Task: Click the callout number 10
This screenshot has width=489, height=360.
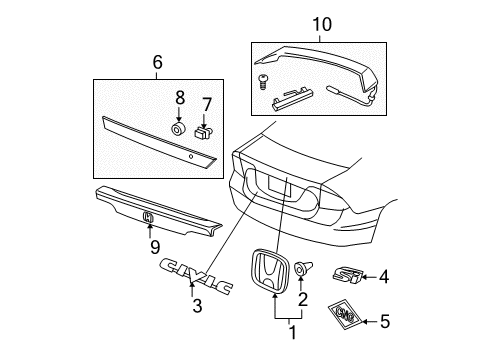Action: (322, 25)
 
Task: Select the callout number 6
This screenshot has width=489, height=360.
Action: (157, 62)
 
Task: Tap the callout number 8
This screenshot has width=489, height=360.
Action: (180, 98)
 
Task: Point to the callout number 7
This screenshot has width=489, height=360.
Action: (207, 105)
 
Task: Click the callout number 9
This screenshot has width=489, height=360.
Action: (155, 247)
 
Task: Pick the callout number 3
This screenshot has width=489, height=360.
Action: (197, 306)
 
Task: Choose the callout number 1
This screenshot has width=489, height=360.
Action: (292, 332)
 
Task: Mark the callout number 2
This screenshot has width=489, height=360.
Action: (303, 299)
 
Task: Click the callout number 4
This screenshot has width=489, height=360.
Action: (384, 277)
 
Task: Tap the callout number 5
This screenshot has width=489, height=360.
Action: (385, 322)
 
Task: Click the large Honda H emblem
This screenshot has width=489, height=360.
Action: (269, 271)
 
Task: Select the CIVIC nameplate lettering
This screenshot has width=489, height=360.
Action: (196, 276)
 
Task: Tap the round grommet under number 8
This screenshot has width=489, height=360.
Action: (179, 129)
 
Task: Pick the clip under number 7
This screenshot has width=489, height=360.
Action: (203, 133)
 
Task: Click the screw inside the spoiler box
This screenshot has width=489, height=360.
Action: (263, 82)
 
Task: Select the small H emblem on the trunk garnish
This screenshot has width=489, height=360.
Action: (148, 217)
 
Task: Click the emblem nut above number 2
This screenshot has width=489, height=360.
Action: (304, 268)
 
